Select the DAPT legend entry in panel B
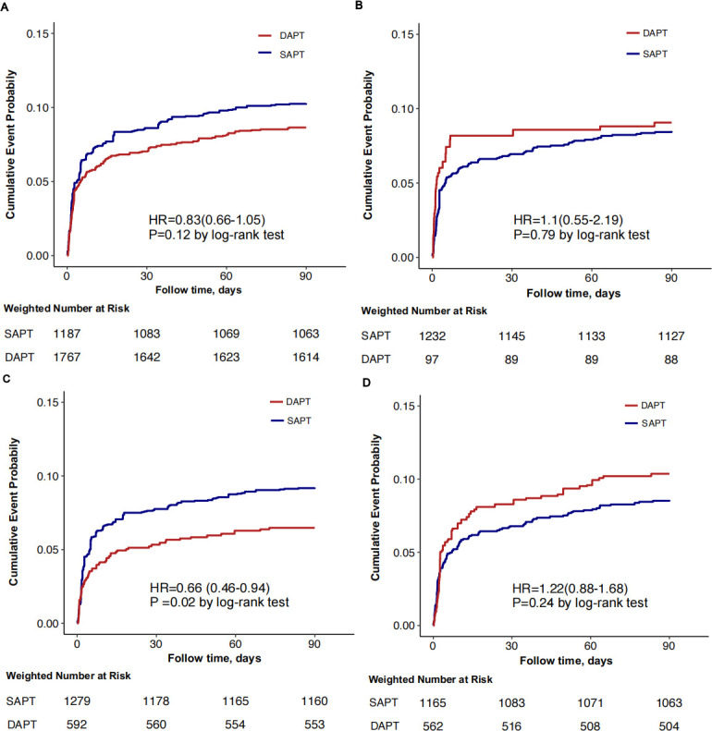click(649, 31)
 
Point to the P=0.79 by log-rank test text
click(581, 236)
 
